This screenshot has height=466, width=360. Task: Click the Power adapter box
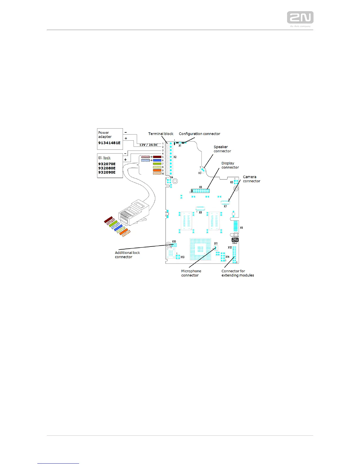tap(110, 139)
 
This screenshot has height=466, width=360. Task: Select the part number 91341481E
tap(109, 143)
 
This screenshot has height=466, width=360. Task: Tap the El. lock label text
tap(104, 158)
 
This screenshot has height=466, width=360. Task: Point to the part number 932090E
tap(107, 172)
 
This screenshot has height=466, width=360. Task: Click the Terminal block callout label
tap(161, 134)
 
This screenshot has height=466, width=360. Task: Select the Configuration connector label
tap(199, 134)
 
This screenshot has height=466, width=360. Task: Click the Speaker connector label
tap(222, 149)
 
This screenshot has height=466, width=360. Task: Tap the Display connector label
tap(230, 165)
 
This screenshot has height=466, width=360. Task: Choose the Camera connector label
tap(251, 179)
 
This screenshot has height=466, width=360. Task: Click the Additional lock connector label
tap(127, 255)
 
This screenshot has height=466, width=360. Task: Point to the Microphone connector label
tap(191, 273)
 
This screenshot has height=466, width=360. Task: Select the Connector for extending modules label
tap(237, 273)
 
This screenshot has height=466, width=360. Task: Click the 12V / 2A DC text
tap(149, 145)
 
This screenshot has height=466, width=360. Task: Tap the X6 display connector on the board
tap(201, 191)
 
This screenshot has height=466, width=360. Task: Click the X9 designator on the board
tap(241, 228)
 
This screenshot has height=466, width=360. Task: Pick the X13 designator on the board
tap(183, 257)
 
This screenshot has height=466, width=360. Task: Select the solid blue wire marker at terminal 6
tap(157, 160)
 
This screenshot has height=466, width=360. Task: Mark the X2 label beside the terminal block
tap(175, 157)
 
